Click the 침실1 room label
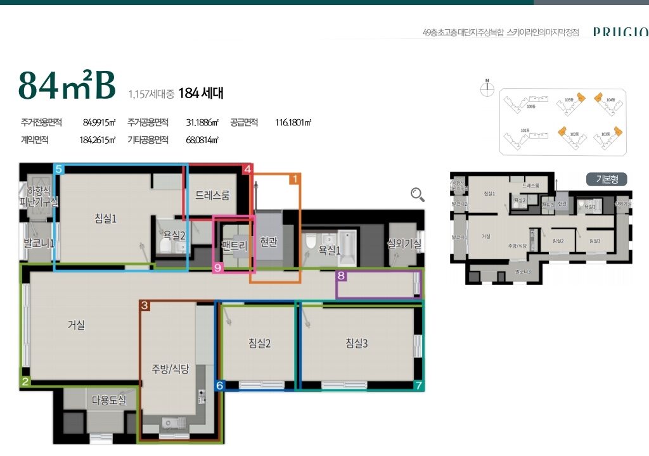point(106,218)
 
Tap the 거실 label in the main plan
point(76,326)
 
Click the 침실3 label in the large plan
point(357,343)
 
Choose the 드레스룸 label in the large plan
point(212,195)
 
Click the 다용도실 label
point(109,400)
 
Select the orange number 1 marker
point(294,180)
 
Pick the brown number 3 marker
point(145,306)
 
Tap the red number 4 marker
point(248,169)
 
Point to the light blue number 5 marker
point(59,169)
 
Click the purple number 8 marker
point(341,275)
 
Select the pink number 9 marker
point(218,268)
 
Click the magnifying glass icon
point(418,194)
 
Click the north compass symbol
point(487,89)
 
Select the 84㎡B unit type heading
point(67,86)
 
